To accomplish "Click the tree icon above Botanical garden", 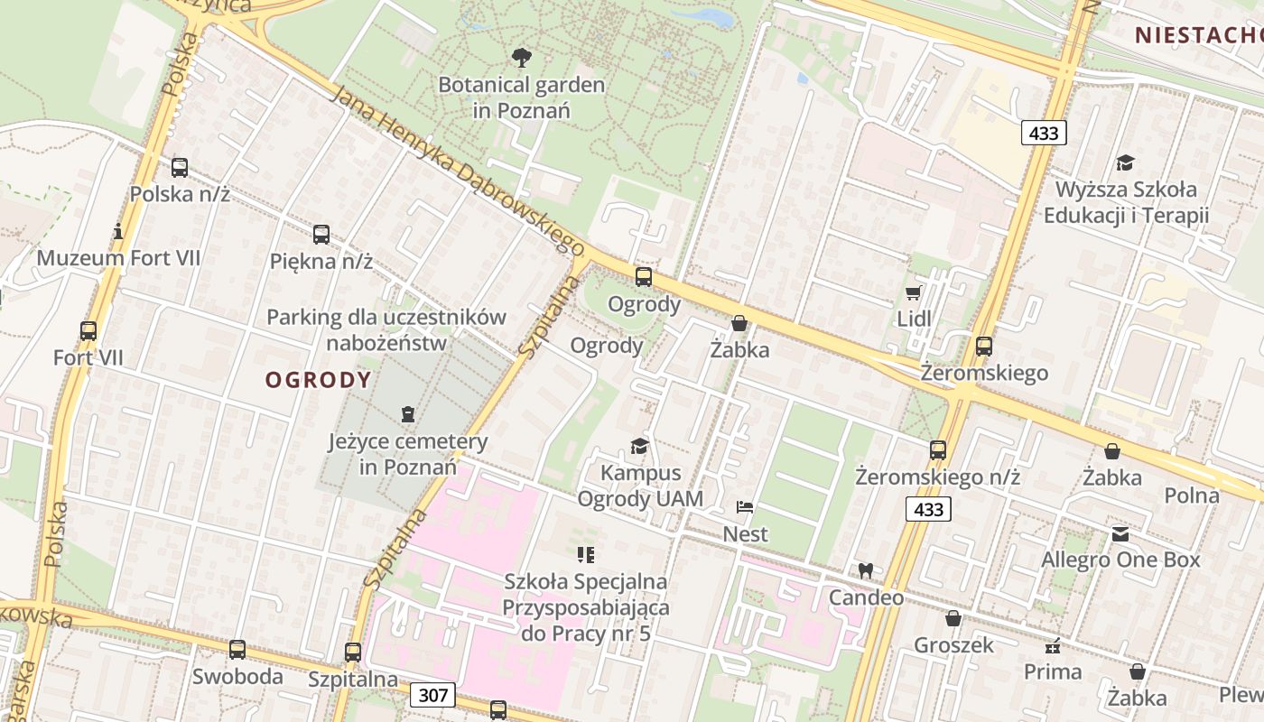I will pyautogui.click(x=521, y=59).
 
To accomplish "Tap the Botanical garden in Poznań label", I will pyautogui.click(x=521, y=97).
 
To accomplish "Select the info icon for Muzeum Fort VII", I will pyautogui.click(x=118, y=232).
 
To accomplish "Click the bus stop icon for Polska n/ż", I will pyautogui.click(x=180, y=167).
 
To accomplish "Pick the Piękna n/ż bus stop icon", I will pyautogui.click(x=321, y=235).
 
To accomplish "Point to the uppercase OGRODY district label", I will pyautogui.click(x=318, y=380).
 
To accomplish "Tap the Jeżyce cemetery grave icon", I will pyautogui.click(x=408, y=414).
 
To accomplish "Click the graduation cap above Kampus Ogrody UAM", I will pyautogui.click(x=639, y=446).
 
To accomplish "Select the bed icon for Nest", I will pyautogui.click(x=745, y=507).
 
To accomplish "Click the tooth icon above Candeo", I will pyautogui.click(x=865, y=570).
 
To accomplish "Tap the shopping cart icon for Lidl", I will pyautogui.click(x=913, y=292).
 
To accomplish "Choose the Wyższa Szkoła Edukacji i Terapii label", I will pyautogui.click(x=1126, y=202).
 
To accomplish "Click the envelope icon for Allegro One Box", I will pyautogui.click(x=1120, y=533).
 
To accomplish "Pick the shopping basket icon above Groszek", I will pyautogui.click(x=953, y=618).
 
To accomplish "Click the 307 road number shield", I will pyautogui.click(x=432, y=695).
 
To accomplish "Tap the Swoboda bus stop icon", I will pyautogui.click(x=237, y=649).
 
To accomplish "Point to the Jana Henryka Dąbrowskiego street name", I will pyautogui.click(x=459, y=171).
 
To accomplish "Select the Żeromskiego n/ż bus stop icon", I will pyautogui.click(x=938, y=449).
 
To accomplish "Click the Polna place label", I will pyautogui.click(x=1192, y=495).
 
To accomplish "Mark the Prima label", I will pyautogui.click(x=1053, y=671).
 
